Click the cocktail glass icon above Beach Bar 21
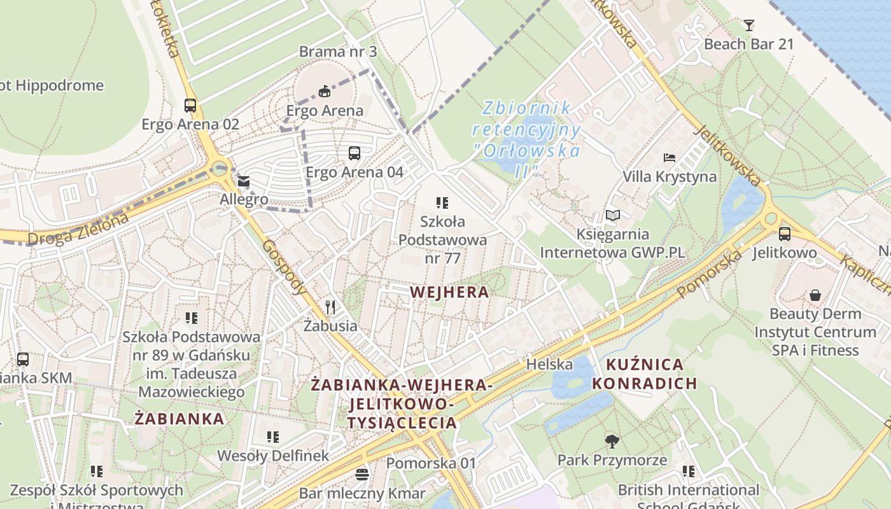click(749, 25)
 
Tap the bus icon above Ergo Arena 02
click(190, 106)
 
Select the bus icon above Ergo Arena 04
click(354, 153)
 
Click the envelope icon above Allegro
click(244, 182)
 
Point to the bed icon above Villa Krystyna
click(669, 158)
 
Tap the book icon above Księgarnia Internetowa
click(612, 216)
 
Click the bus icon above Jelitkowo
click(784, 234)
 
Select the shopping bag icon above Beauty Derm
click(815, 295)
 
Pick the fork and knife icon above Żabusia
click(330, 307)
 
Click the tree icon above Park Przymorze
click(612, 441)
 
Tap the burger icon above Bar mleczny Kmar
click(362, 475)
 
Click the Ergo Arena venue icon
click(325, 92)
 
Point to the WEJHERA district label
click(450, 293)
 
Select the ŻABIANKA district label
click(179, 419)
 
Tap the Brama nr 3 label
click(338, 52)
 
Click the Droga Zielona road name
click(78, 229)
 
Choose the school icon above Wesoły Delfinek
click(273, 437)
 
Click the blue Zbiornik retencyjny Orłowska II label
click(526, 139)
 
